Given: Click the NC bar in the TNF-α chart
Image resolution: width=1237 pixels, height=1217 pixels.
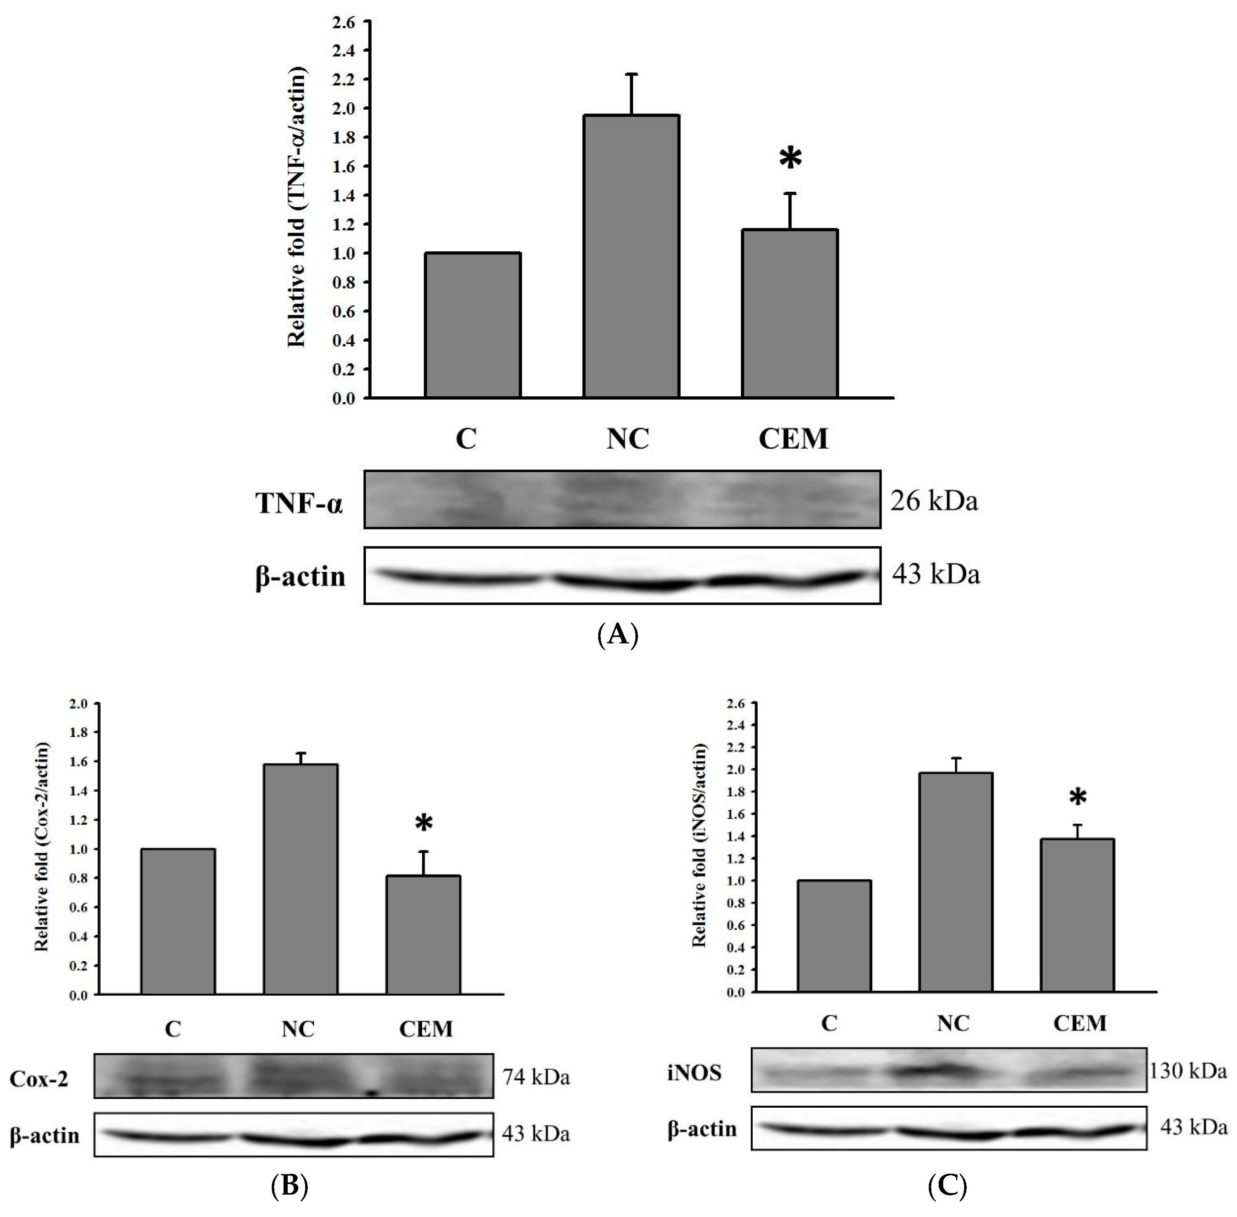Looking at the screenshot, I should pos(630,256).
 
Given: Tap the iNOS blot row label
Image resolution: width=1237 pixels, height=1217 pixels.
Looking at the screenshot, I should pos(694,1072).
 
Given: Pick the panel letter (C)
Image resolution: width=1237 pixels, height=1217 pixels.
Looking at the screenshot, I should pos(947,1187).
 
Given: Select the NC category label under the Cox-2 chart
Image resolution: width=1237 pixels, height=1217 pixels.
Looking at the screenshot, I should pos(298,1029).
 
